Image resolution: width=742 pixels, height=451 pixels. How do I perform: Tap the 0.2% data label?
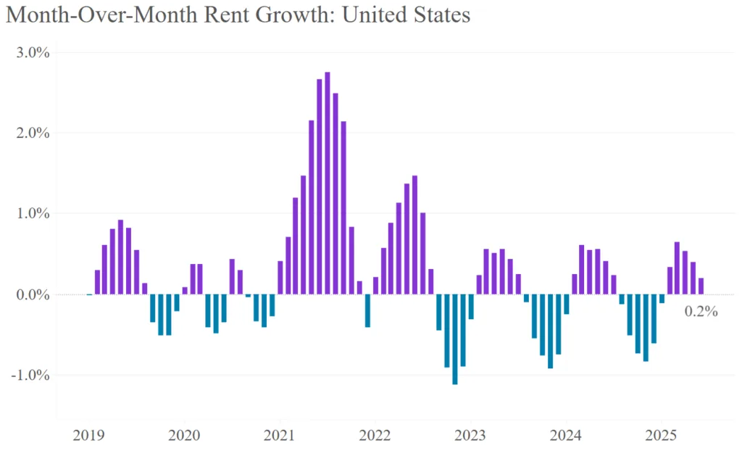point(701,312)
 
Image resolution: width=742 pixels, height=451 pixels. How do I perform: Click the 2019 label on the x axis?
point(88,435)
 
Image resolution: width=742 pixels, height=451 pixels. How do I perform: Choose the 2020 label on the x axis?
point(183,435)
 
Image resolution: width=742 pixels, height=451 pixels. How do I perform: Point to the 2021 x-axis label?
point(279,435)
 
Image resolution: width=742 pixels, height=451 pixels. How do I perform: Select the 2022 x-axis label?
point(375,435)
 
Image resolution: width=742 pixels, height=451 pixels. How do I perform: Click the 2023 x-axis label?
point(470,435)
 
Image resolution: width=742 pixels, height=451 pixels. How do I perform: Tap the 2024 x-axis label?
point(566,435)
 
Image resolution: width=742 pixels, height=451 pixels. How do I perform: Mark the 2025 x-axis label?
point(661,435)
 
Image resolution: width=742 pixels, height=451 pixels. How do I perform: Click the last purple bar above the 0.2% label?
point(701,286)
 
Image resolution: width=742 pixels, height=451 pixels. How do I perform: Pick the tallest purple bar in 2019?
point(120,257)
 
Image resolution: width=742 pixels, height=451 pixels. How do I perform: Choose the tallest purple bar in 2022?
point(415,235)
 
